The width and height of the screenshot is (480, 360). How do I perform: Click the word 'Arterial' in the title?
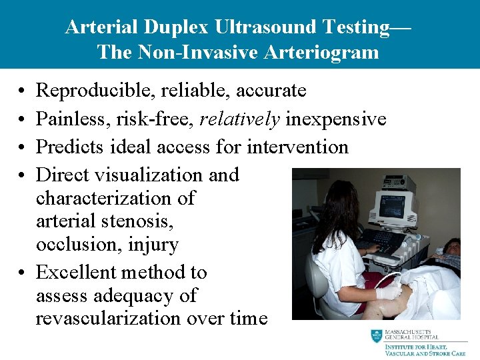(x=97, y=27)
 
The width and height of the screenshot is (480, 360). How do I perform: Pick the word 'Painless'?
(x=73, y=119)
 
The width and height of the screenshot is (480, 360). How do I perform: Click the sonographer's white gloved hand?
(x=389, y=291)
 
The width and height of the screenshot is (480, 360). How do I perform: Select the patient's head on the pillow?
(x=451, y=247)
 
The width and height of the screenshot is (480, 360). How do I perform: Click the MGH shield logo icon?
(x=377, y=336)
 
